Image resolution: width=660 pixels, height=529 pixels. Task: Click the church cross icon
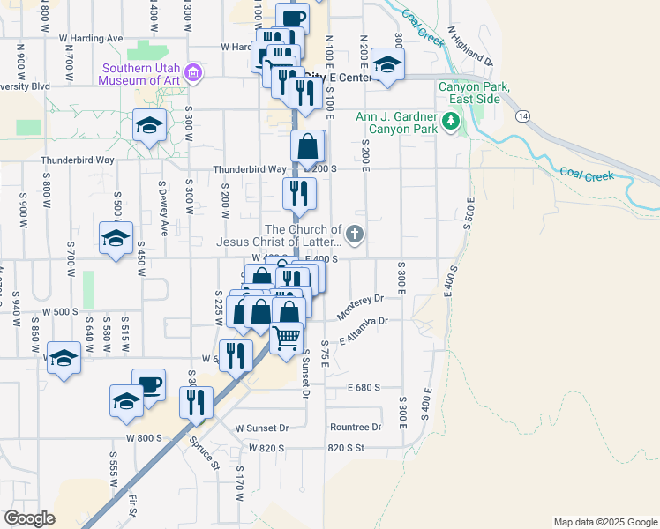355,235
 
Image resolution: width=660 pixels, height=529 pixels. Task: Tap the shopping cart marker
286,337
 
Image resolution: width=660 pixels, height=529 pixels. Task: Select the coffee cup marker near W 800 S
148,384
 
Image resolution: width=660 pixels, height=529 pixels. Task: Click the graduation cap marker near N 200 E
386,63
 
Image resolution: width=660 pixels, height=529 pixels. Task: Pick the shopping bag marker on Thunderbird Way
308,146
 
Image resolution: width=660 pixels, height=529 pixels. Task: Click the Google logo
29,518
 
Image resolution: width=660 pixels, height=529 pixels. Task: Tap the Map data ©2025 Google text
604,522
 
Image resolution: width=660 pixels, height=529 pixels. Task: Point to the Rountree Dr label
355,427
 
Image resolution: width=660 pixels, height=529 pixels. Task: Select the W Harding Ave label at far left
91,39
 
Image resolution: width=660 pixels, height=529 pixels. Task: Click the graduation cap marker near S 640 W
64,357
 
